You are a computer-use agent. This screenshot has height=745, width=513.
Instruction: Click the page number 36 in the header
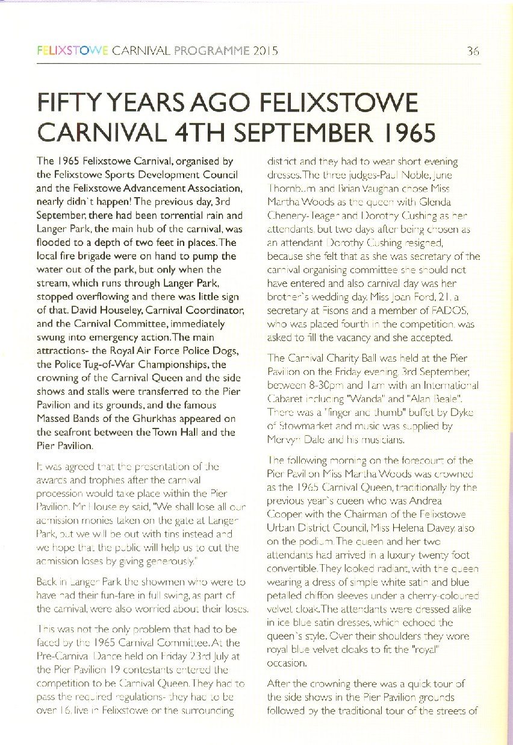pos(473,52)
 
